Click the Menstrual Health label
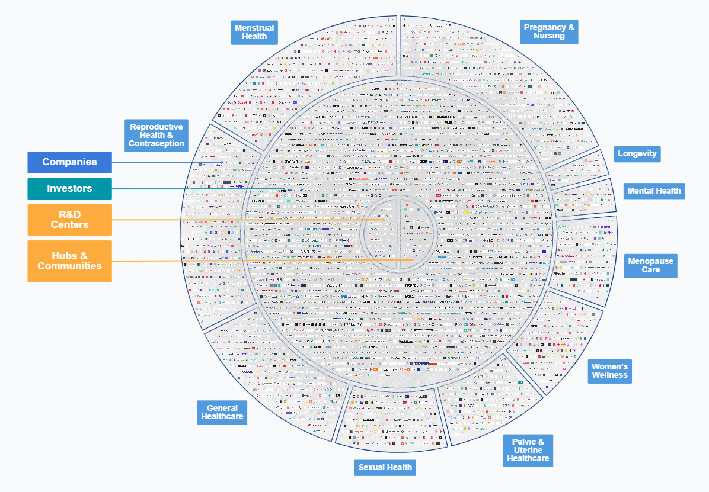tap(254, 33)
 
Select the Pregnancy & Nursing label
tap(549, 31)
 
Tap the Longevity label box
tap(637, 154)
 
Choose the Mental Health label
tap(654, 191)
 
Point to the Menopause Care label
tap(650, 265)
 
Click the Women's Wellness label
tap(609, 371)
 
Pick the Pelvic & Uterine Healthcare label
tap(528, 450)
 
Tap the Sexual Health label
tap(385, 467)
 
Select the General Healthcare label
tap(222, 412)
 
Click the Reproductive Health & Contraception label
tap(157, 135)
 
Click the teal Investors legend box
tap(69, 189)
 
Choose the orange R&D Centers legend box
tap(69, 220)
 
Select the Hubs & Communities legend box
tap(69, 261)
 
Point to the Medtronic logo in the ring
tap(257, 251)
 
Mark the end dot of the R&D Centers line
tap(384, 220)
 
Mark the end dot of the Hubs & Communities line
tap(413, 259)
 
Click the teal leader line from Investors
tap(196, 189)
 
